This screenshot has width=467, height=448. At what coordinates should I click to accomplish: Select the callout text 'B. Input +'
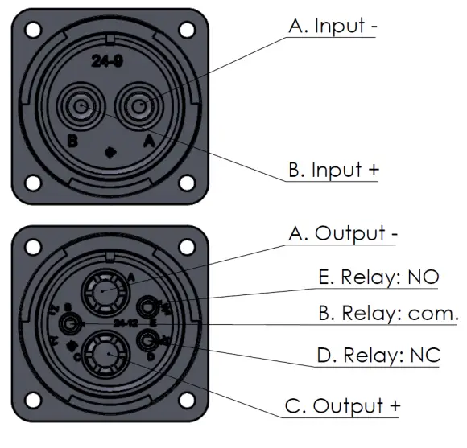click(333, 171)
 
